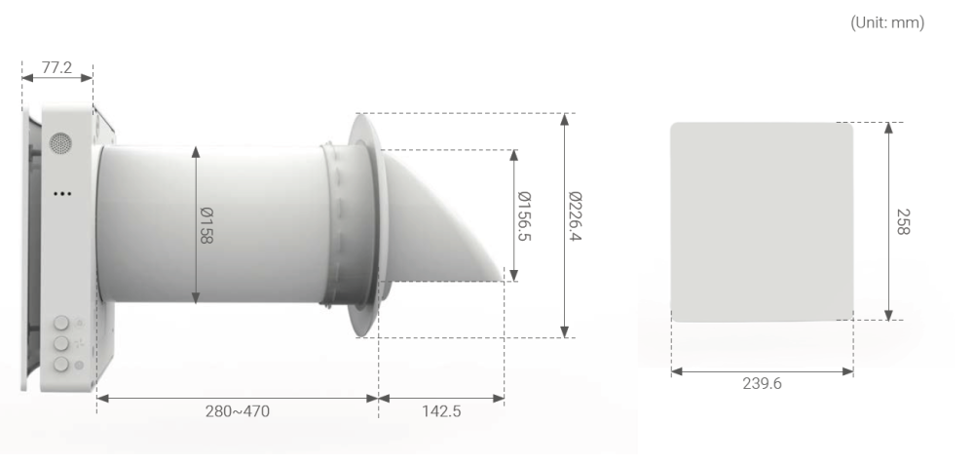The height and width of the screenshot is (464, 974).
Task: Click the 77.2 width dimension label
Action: pos(56,64)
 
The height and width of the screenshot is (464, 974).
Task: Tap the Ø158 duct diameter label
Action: pos(206,226)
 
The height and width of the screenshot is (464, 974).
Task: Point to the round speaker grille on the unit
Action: pos(60,143)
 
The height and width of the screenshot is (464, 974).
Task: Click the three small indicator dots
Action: pos(62,193)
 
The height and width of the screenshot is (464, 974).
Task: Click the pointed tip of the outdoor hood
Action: pos(504,278)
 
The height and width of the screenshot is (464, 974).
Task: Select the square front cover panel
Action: pos(762,220)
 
